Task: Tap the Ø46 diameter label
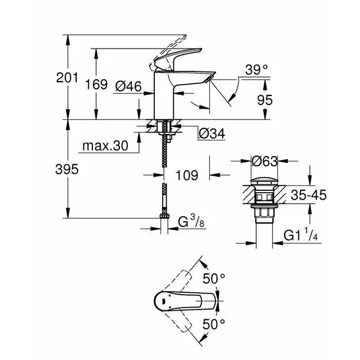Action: (x=128, y=87)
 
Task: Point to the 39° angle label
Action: (x=256, y=71)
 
